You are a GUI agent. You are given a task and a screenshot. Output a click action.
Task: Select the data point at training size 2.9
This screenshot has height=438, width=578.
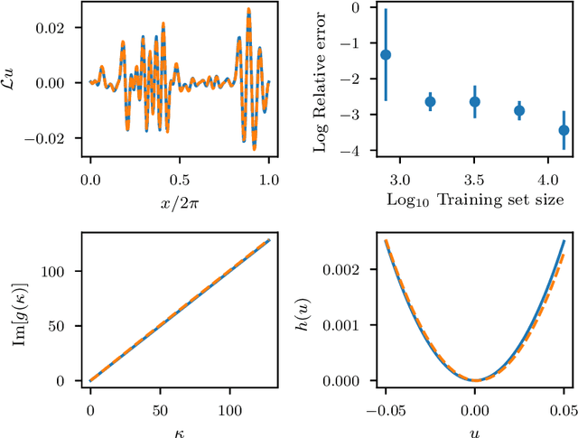386,55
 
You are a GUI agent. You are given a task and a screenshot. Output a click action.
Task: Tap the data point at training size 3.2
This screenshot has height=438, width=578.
430,101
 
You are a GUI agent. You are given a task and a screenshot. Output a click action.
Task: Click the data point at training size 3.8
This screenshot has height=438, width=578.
519,111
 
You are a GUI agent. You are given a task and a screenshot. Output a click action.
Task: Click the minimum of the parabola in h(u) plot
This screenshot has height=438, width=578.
475,380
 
